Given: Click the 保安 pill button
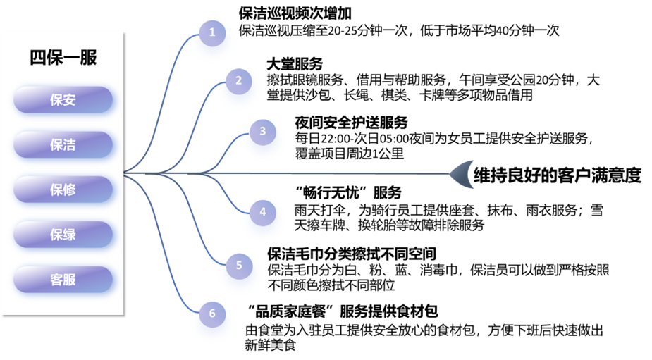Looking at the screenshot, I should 63,100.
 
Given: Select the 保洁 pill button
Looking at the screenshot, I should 63,144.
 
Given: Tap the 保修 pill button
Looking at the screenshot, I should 63,189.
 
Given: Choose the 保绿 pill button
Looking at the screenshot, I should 63,234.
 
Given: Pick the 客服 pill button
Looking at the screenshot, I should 63,279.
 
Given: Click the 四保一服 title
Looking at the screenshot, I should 63,58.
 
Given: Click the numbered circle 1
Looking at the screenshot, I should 211,32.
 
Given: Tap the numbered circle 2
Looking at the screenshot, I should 238,80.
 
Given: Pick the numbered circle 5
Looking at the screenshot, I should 239,265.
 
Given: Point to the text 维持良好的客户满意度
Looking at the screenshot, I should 557,175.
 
